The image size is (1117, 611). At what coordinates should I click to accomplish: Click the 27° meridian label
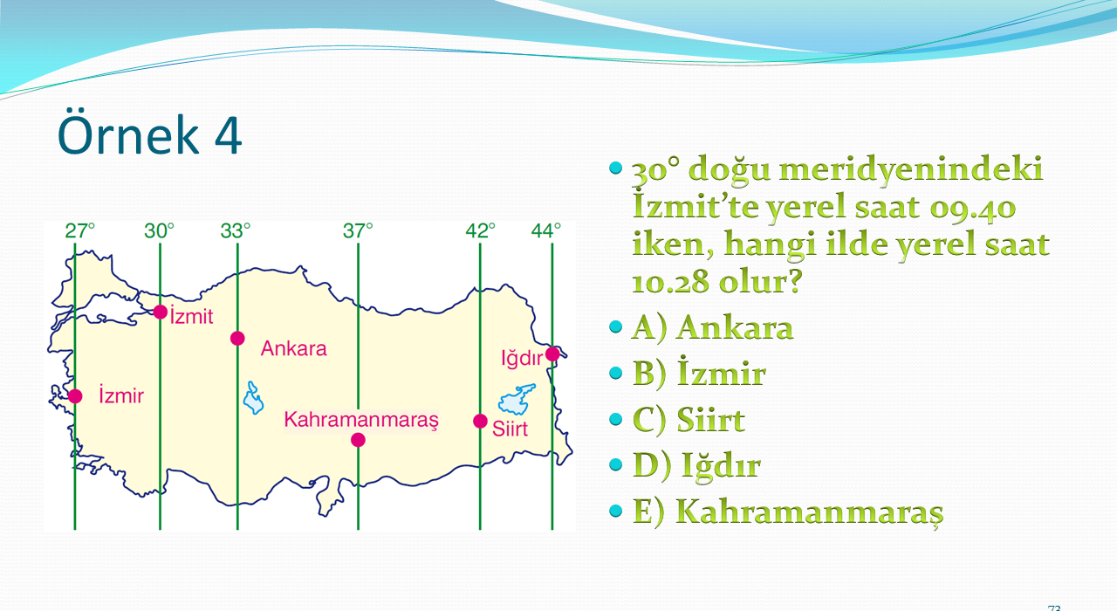coord(79,231)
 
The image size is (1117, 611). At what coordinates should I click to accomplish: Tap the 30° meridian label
coord(160,231)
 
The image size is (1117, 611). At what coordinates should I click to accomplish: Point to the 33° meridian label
coord(236,231)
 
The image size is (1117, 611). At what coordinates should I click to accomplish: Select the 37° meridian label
coord(358,231)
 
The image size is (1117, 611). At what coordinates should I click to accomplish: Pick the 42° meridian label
coord(480,231)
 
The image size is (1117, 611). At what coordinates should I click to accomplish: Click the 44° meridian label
coord(546,231)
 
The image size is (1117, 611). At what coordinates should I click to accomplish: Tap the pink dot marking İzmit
coord(160,312)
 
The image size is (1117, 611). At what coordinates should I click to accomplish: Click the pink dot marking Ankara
coord(237,339)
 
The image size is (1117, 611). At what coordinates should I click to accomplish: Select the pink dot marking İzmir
coord(75,396)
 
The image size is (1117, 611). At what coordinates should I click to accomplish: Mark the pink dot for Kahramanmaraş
coord(358,440)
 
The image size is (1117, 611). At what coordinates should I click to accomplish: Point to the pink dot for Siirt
coord(480,422)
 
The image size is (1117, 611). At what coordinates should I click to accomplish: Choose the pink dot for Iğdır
coord(552,354)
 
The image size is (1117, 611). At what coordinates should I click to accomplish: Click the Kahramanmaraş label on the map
coord(361,420)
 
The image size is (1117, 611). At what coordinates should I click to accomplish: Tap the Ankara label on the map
coord(294,348)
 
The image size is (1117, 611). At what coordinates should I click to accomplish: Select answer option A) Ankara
coord(713,328)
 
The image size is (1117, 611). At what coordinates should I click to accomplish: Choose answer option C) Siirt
coord(689,420)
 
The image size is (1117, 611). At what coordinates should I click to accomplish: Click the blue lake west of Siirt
coord(517,399)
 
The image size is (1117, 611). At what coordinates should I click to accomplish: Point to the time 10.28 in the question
coord(669,282)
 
